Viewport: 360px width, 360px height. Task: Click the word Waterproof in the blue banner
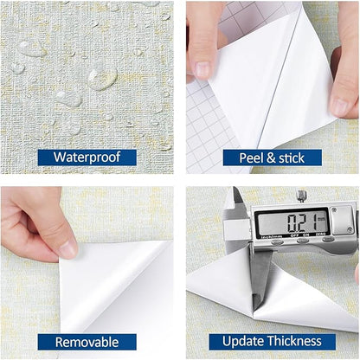click(87, 157)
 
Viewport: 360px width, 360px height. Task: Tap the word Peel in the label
click(252, 158)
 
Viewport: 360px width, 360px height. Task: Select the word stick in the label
click(292, 158)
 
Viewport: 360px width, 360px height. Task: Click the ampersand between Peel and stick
click(271, 158)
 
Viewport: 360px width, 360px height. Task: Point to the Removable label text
click(87, 342)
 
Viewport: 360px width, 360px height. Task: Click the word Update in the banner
click(242, 341)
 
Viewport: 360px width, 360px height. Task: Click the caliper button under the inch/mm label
click(277, 241)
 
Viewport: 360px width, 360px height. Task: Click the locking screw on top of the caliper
click(302, 196)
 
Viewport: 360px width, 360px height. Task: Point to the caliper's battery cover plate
click(342, 220)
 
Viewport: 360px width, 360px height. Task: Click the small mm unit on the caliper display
click(321, 219)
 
